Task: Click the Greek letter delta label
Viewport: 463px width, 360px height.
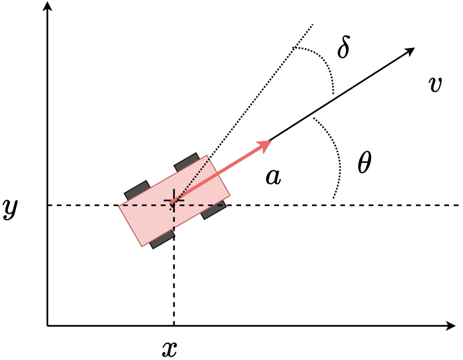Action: coord(344,48)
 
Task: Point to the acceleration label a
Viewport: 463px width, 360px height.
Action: coord(273,177)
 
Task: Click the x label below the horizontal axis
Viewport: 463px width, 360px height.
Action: coord(169,348)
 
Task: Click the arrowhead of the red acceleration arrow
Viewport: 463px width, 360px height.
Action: coord(265,145)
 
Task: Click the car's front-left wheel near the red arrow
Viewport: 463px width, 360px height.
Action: coord(187,161)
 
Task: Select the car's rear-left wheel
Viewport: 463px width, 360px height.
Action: coord(137,189)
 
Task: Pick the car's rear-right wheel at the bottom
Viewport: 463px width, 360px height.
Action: coord(163,240)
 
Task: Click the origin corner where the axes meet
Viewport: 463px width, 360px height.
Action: coord(48,325)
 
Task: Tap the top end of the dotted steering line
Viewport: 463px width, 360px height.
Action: coord(313,25)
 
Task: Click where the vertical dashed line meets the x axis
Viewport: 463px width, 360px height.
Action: coord(174,325)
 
